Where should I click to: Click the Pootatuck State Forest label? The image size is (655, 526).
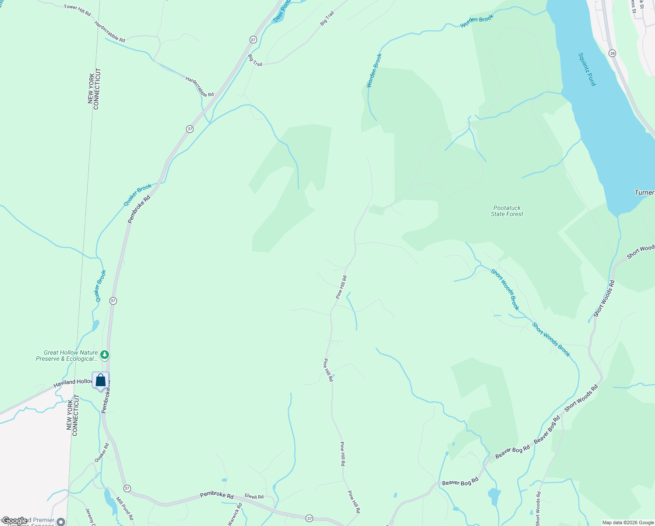(507, 211)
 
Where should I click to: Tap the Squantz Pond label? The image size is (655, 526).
(587, 69)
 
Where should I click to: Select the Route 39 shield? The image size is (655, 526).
(612, 53)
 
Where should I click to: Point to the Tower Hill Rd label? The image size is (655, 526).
(77, 10)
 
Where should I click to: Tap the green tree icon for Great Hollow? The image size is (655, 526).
(105, 354)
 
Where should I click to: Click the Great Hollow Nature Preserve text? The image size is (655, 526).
(67, 355)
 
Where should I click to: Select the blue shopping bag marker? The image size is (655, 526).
(100, 380)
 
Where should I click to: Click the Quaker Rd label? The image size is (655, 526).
(102, 453)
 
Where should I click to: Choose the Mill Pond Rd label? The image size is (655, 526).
(125, 508)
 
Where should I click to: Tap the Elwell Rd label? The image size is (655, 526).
(254, 497)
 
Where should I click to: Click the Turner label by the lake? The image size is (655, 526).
(644, 193)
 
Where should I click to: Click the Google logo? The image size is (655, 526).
(15, 521)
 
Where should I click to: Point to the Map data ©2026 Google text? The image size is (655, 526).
(627, 522)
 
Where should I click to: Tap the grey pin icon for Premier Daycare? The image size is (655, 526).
(61, 522)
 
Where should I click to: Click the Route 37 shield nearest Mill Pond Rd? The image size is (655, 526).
(127, 488)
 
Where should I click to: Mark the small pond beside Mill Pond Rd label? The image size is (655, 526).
(108, 497)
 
